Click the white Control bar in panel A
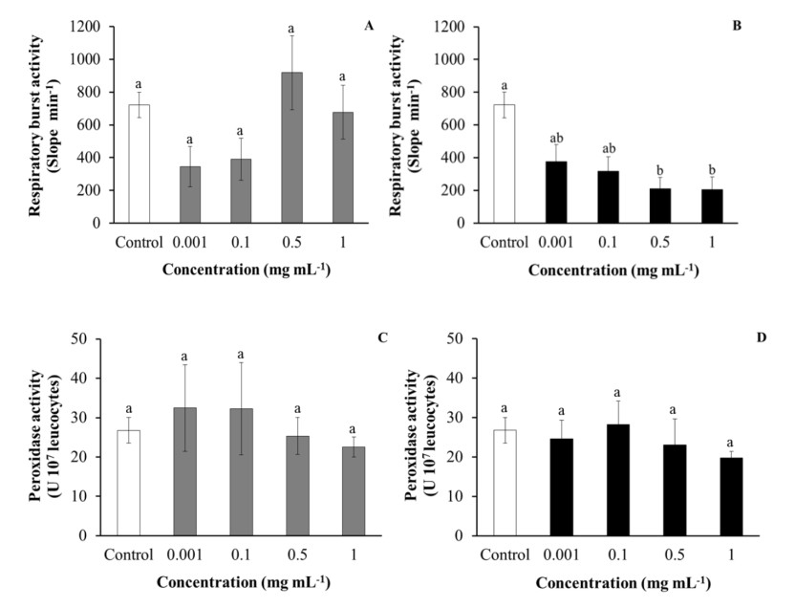(x=140, y=163)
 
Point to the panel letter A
(x=369, y=26)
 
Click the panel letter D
(x=763, y=337)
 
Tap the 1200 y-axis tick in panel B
(x=455, y=26)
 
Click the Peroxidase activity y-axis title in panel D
(x=421, y=434)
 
